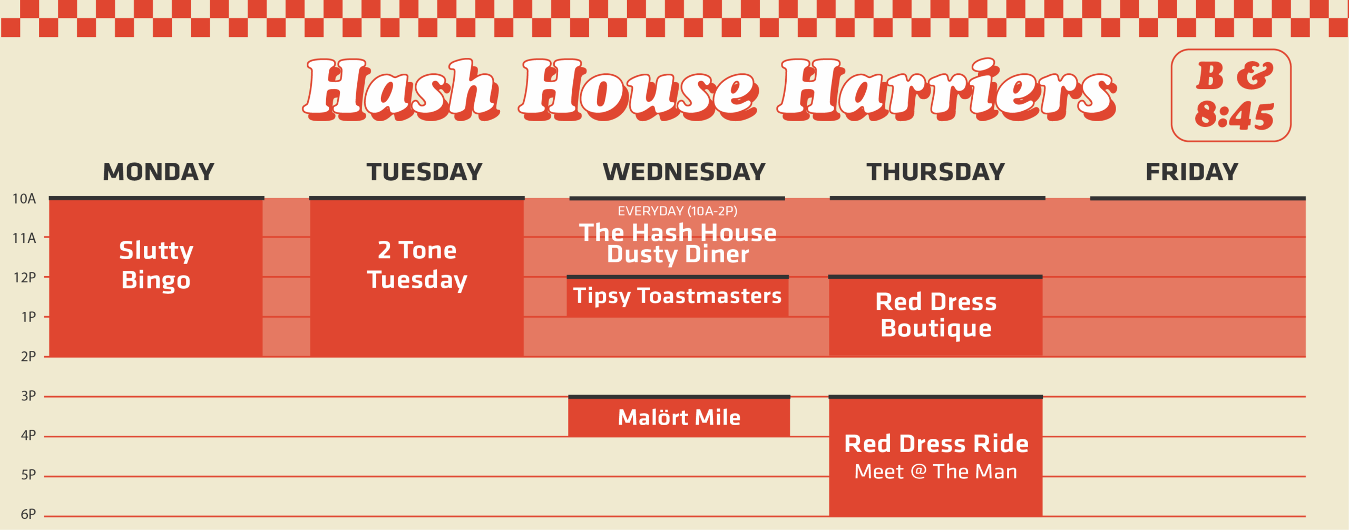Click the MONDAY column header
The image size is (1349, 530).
tap(159, 172)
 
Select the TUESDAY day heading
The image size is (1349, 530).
tap(425, 172)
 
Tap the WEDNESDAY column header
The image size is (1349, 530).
tap(684, 172)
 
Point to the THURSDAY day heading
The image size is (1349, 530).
tap(936, 172)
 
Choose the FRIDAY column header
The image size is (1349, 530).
tap(1192, 172)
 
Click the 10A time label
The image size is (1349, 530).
tap(24, 199)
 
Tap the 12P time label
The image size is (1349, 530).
tap(25, 278)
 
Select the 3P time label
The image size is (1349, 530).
tap(28, 396)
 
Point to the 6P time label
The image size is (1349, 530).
tap(28, 515)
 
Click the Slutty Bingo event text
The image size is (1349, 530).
tap(156, 265)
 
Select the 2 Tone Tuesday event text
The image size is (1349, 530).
tap(417, 265)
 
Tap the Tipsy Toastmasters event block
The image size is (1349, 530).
tap(678, 297)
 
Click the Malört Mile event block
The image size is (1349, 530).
tap(679, 416)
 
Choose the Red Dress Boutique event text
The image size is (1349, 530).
tap(936, 315)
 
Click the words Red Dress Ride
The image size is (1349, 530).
tap(936, 444)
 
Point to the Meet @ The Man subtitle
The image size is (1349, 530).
tap(936, 472)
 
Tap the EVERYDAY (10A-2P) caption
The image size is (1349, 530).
tap(678, 211)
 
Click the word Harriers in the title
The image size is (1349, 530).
tap(947, 90)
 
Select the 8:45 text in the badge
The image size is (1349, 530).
tap(1234, 115)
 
